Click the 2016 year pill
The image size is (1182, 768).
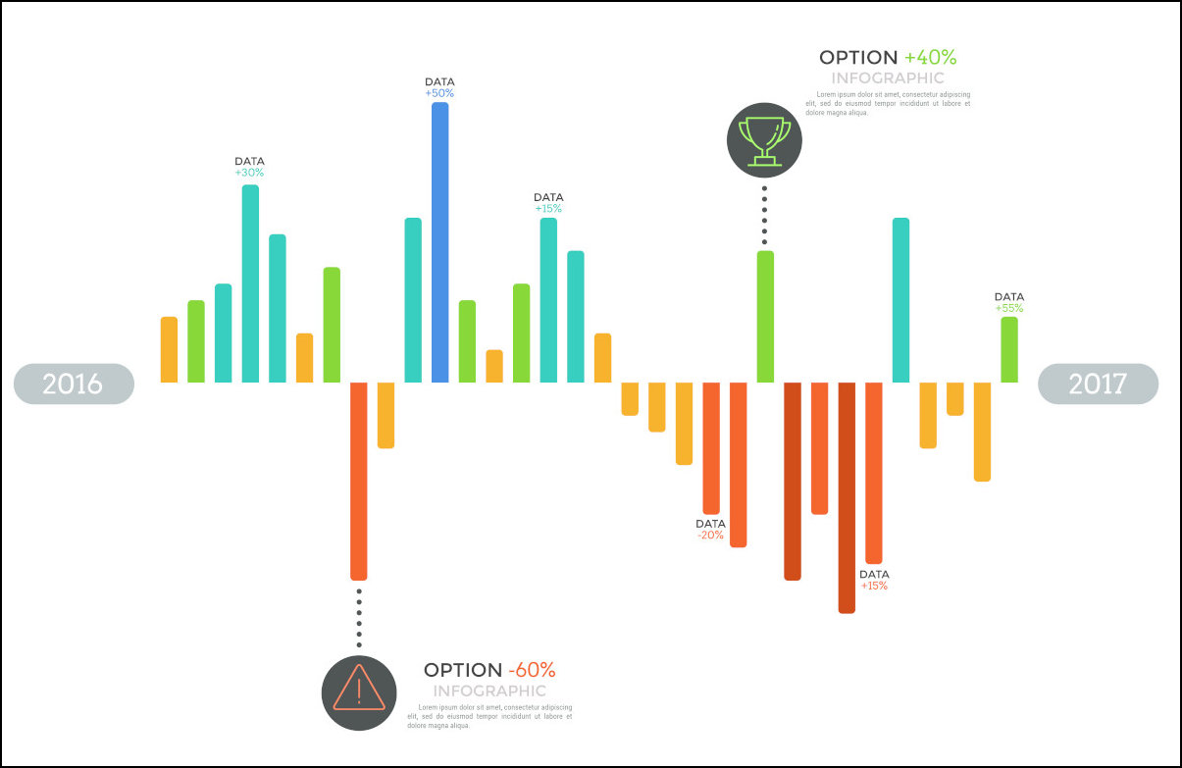pyautogui.click(x=74, y=384)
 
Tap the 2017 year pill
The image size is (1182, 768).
pyautogui.click(x=1098, y=384)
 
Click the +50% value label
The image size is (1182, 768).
pyautogui.click(x=439, y=93)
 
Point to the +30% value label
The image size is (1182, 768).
pyautogui.click(x=249, y=173)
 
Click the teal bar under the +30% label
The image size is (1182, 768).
pyautogui.click(x=250, y=283)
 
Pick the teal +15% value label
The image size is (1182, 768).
pyautogui.click(x=548, y=208)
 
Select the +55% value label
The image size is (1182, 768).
pyautogui.click(x=1009, y=308)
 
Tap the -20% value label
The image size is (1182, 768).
pyautogui.click(x=710, y=535)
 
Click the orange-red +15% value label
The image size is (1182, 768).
pyautogui.click(x=874, y=586)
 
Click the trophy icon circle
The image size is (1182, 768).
pyautogui.click(x=764, y=140)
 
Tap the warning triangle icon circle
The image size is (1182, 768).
pyautogui.click(x=359, y=692)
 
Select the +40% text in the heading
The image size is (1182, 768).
pyautogui.click(x=930, y=58)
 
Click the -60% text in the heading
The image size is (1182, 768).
pyautogui.click(x=532, y=671)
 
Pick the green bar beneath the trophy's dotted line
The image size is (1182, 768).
pyautogui.click(x=765, y=316)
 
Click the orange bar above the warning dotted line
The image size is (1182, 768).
pyautogui.click(x=359, y=481)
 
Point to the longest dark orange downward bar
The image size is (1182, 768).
pyautogui.click(x=847, y=497)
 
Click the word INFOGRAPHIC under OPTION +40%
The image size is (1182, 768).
pyautogui.click(x=888, y=78)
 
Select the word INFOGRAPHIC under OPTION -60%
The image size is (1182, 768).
pyautogui.click(x=489, y=691)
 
